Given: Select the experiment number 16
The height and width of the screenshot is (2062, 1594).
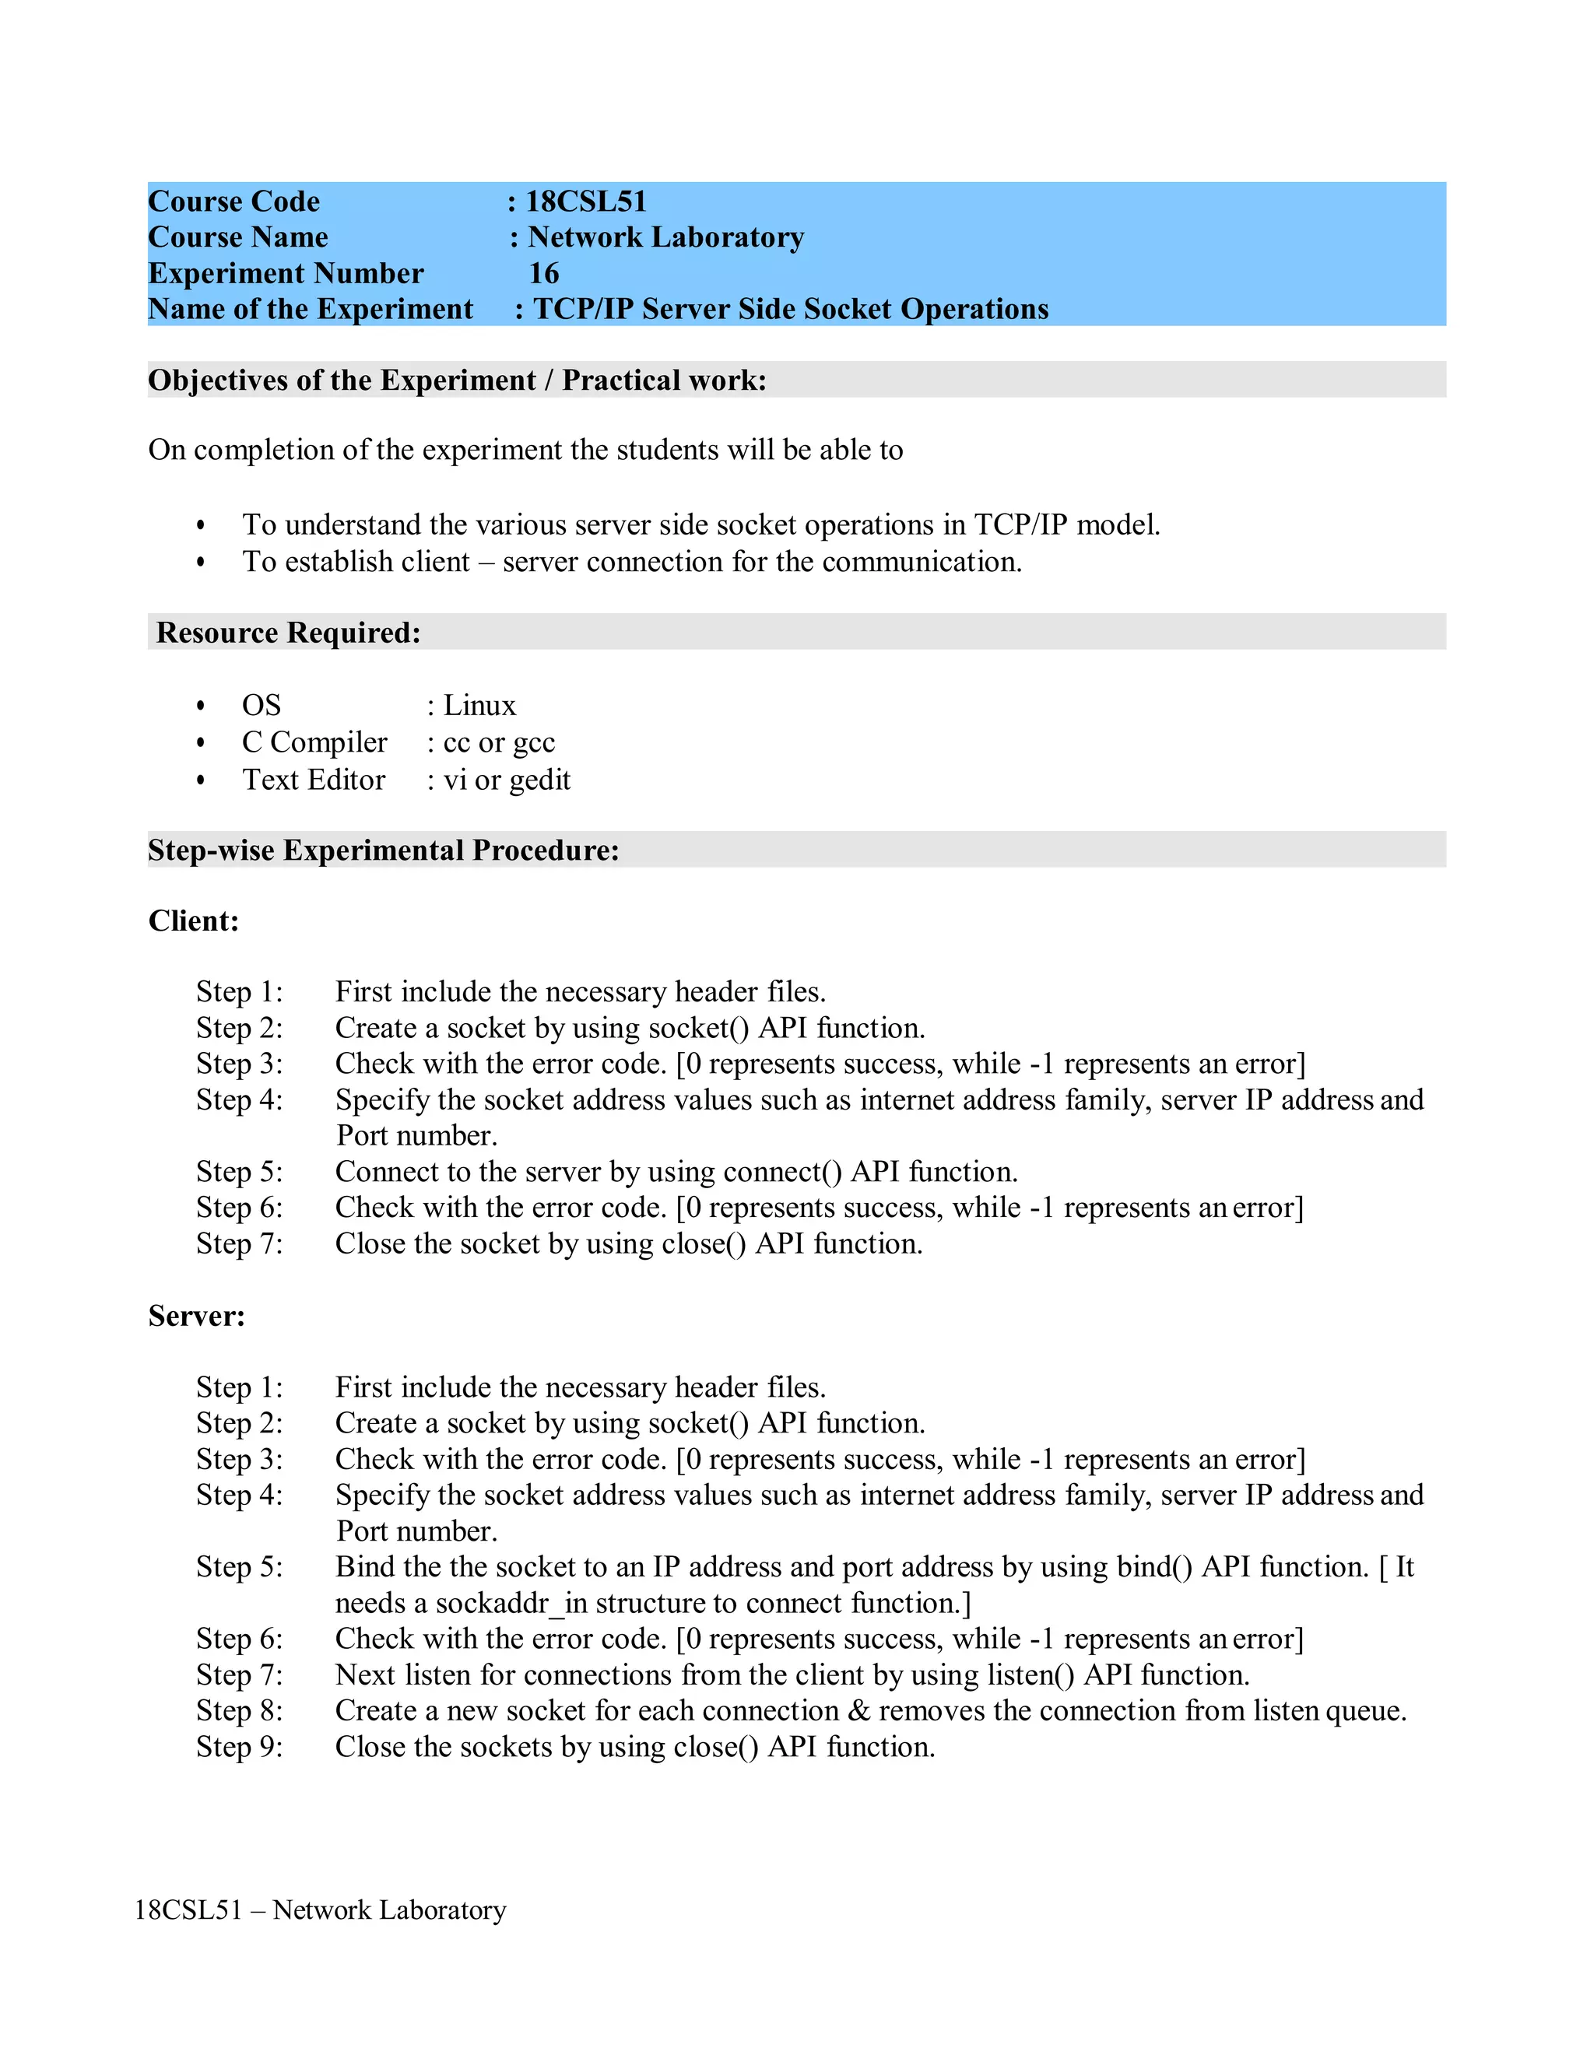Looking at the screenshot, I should tap(544, 273).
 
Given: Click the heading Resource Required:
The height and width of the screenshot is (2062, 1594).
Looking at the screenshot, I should tap(288, 633).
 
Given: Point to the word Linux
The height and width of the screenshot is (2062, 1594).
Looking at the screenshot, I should tap(479, 705).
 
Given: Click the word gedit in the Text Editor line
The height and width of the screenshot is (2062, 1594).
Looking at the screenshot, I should tap(540, 780).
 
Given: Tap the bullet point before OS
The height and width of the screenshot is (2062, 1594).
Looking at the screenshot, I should tap(200, 707).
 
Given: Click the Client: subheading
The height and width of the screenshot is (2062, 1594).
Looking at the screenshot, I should tap(194, 921).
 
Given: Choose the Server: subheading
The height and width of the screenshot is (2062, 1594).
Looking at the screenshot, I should tap(196, 1316).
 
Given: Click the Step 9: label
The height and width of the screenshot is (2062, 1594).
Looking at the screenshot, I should tap(239, 1747).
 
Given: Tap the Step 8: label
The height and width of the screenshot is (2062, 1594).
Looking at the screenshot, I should tap(239, 1711).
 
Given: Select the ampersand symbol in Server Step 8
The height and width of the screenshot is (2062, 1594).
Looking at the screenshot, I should tap(858, 1711).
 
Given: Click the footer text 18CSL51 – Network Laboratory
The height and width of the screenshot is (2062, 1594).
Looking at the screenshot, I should tap(320, 1910).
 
